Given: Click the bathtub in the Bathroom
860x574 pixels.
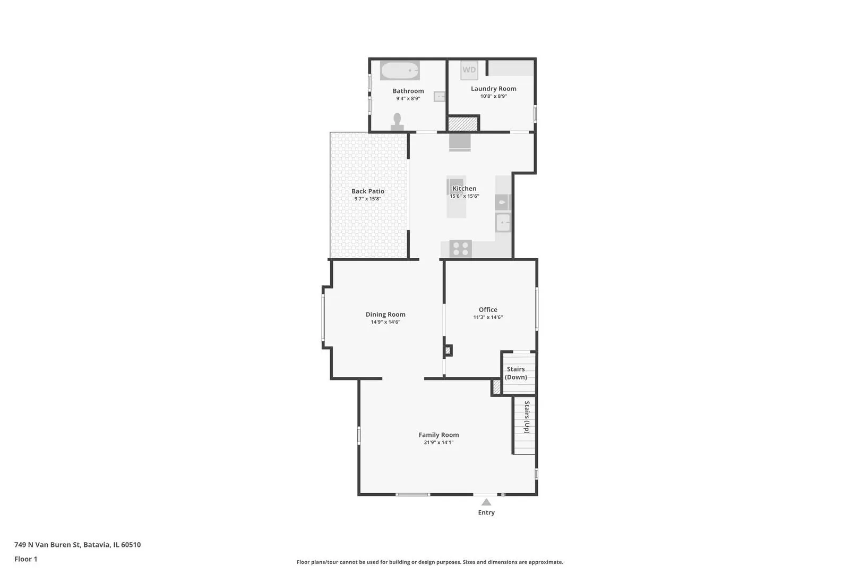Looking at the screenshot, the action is pos(400,70).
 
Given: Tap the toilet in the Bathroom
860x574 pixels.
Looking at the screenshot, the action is pos(398,122).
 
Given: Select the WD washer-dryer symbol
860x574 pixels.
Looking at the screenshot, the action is pos(469,70).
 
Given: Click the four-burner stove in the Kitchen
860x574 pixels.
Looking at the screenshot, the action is pos(460,248).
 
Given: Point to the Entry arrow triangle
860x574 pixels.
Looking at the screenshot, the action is pos(486,502).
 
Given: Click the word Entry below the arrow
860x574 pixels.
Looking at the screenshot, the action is pos(486,512).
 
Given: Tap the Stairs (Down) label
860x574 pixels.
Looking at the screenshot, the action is pos(515,373).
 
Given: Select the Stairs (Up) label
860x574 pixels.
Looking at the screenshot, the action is pos(527,417).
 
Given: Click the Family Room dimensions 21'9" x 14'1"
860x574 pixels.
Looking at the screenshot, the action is pos(439,443).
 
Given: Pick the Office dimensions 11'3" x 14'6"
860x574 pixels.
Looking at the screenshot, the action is pos(488,317).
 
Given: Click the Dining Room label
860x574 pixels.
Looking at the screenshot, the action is pos(385,315).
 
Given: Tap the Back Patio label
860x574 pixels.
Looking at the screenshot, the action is pos(368,191).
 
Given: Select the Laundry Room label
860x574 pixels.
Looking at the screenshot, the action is pos(494,89).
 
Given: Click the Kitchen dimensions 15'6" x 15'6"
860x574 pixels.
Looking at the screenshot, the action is pos(465,196).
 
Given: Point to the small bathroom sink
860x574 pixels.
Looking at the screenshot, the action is pos(439,97).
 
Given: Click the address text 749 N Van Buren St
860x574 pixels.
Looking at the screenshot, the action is pos(47,545).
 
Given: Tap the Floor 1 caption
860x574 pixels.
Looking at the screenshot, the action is pos(25,559).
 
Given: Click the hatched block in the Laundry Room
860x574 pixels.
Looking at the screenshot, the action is pos(462,124).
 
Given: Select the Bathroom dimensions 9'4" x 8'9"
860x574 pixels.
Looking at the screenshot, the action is pos(408,98).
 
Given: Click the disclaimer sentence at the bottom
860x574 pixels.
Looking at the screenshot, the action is pos(429,562).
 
